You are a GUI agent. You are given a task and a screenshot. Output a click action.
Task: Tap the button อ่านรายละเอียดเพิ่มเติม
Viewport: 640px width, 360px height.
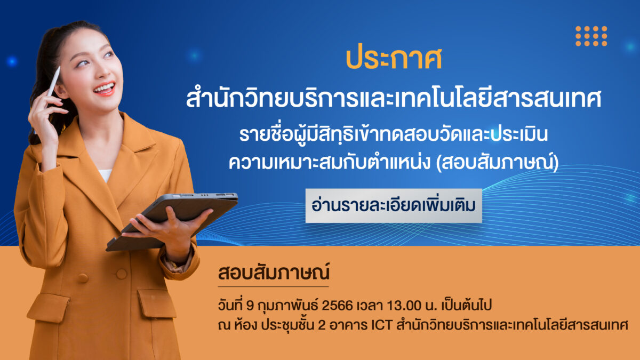[x=394, y=205]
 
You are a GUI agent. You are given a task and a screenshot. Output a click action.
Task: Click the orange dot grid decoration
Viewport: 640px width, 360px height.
[x=591, y=36]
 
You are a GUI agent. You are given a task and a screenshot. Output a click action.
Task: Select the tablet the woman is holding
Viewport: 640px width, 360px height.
[x=172, y=221]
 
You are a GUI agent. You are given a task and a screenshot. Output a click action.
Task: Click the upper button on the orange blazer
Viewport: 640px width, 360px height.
[x=121, y=274]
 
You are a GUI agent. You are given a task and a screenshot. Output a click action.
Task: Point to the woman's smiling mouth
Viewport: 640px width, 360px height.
[x=105, y=89]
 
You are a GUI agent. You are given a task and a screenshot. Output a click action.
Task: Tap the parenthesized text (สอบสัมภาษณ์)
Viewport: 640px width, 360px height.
[x=498, y=163]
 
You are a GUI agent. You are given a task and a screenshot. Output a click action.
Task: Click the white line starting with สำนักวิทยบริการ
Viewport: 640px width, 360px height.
[x=394, y=99]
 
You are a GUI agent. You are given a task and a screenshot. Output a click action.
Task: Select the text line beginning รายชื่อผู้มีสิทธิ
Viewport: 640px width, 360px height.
[x=394, y=135]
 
